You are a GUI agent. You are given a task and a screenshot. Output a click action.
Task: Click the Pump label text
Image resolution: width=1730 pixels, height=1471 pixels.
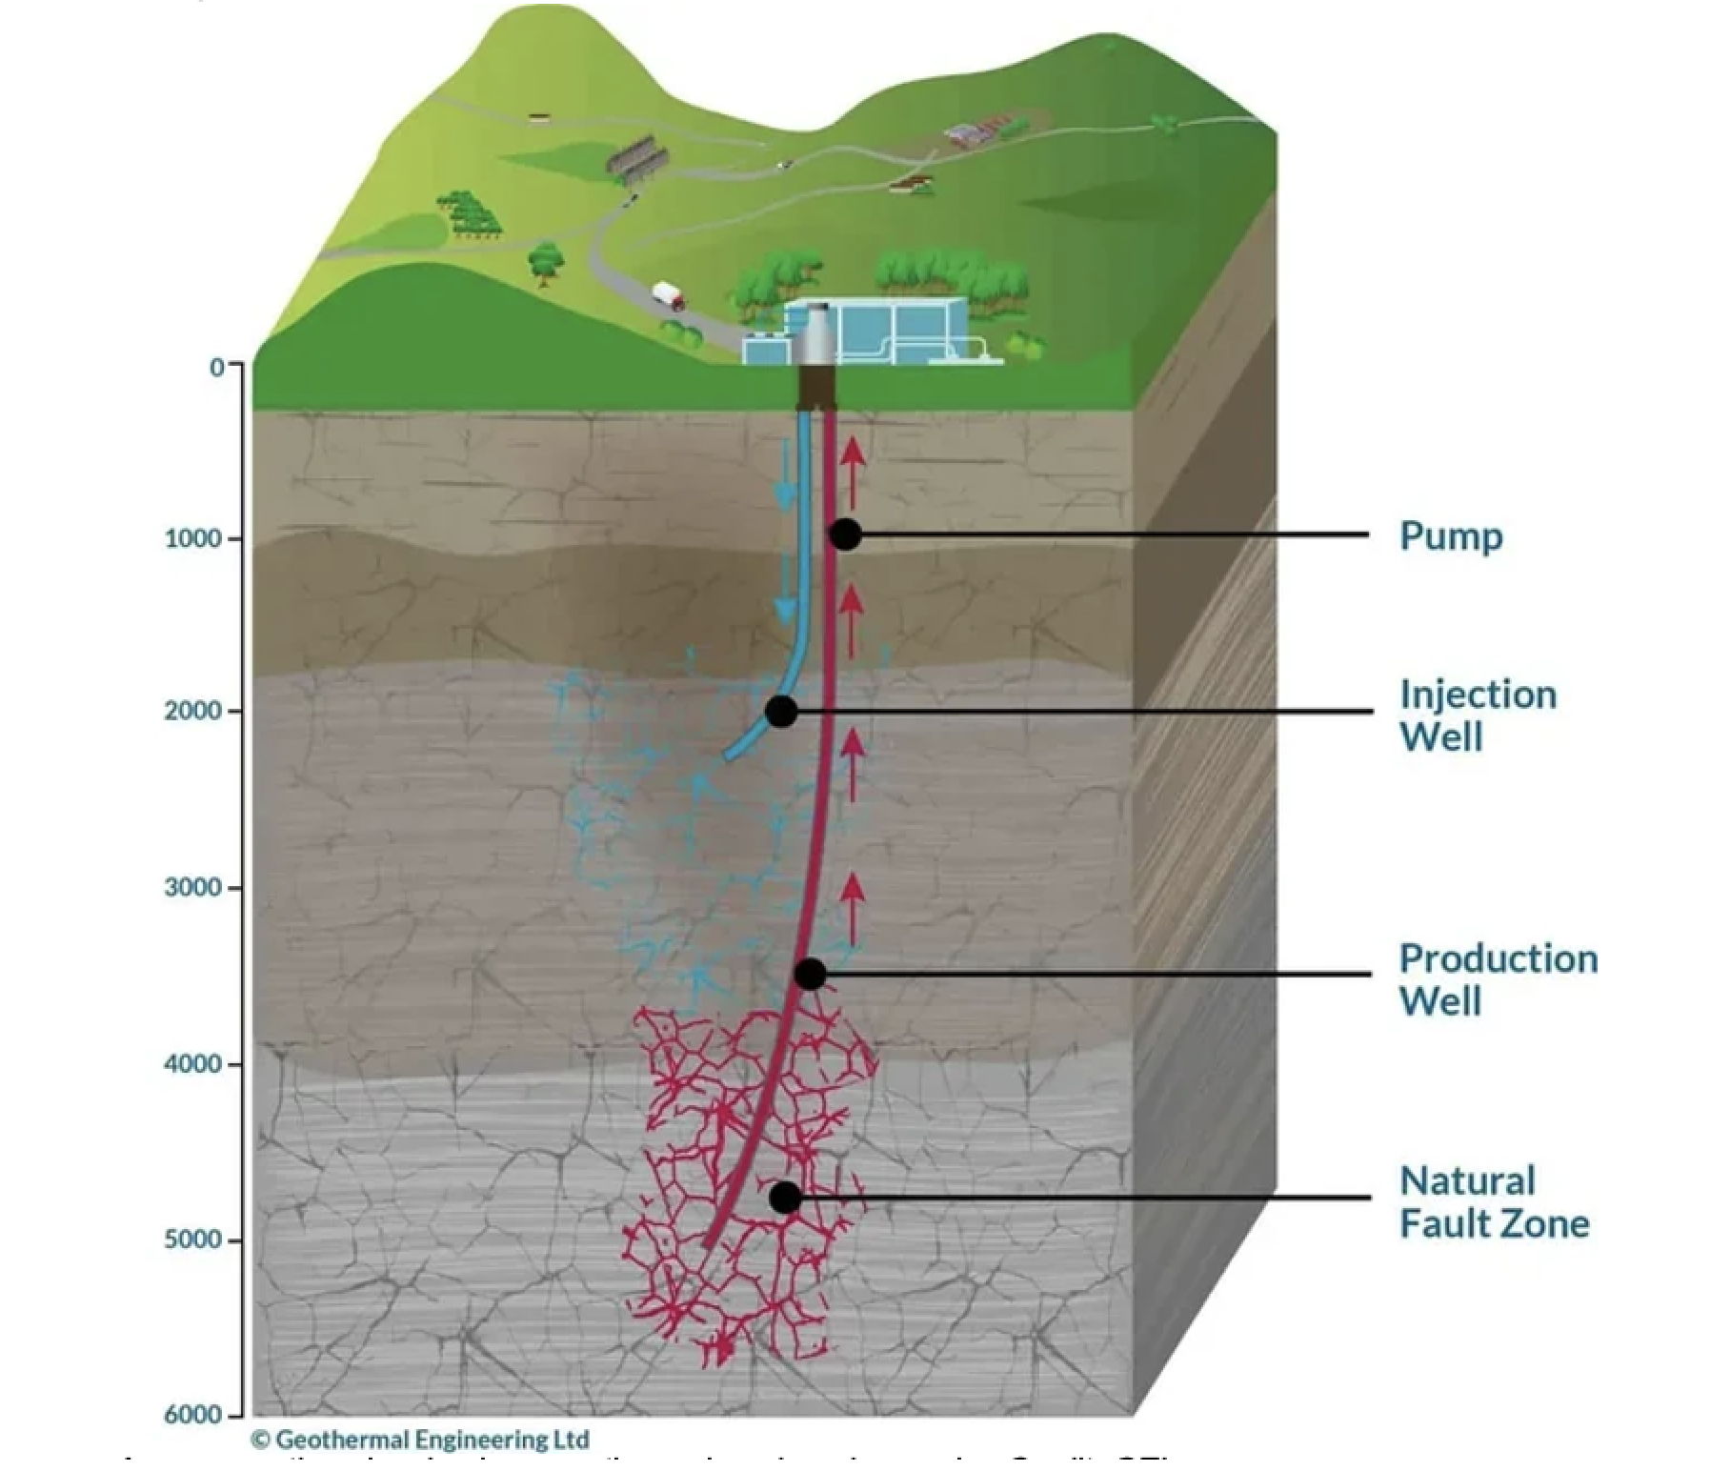coord(1450,536)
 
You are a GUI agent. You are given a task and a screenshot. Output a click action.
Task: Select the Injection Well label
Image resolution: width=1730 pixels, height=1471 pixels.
coord(1478,715)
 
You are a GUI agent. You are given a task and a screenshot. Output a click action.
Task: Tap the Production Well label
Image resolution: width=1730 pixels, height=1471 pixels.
coord(1498,979)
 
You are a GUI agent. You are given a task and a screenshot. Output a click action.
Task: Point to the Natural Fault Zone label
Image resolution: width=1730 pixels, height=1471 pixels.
coord(1494,1202)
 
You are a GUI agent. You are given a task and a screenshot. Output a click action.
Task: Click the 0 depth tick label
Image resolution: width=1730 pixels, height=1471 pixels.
coord(218,367)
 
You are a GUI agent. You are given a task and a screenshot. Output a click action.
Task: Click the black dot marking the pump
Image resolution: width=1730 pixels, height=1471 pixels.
coord(845,534)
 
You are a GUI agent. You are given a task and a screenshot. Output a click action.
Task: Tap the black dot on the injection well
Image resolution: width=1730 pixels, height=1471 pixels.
coord(781,711)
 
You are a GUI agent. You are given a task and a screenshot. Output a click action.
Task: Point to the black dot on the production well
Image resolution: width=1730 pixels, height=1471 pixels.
coord(810,974)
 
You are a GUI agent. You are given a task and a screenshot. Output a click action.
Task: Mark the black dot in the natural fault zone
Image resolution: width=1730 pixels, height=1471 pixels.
coord(785,1198)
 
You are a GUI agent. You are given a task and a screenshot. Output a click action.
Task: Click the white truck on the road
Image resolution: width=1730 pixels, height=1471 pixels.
coord(669,295)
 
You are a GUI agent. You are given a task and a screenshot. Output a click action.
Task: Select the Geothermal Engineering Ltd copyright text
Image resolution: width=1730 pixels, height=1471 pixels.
coord(420,1440)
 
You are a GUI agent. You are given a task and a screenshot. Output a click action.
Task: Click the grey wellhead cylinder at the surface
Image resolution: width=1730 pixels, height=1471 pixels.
coord(815,335)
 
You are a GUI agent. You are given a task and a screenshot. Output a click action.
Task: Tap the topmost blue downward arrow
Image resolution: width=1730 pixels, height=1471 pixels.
coord(785,475)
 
